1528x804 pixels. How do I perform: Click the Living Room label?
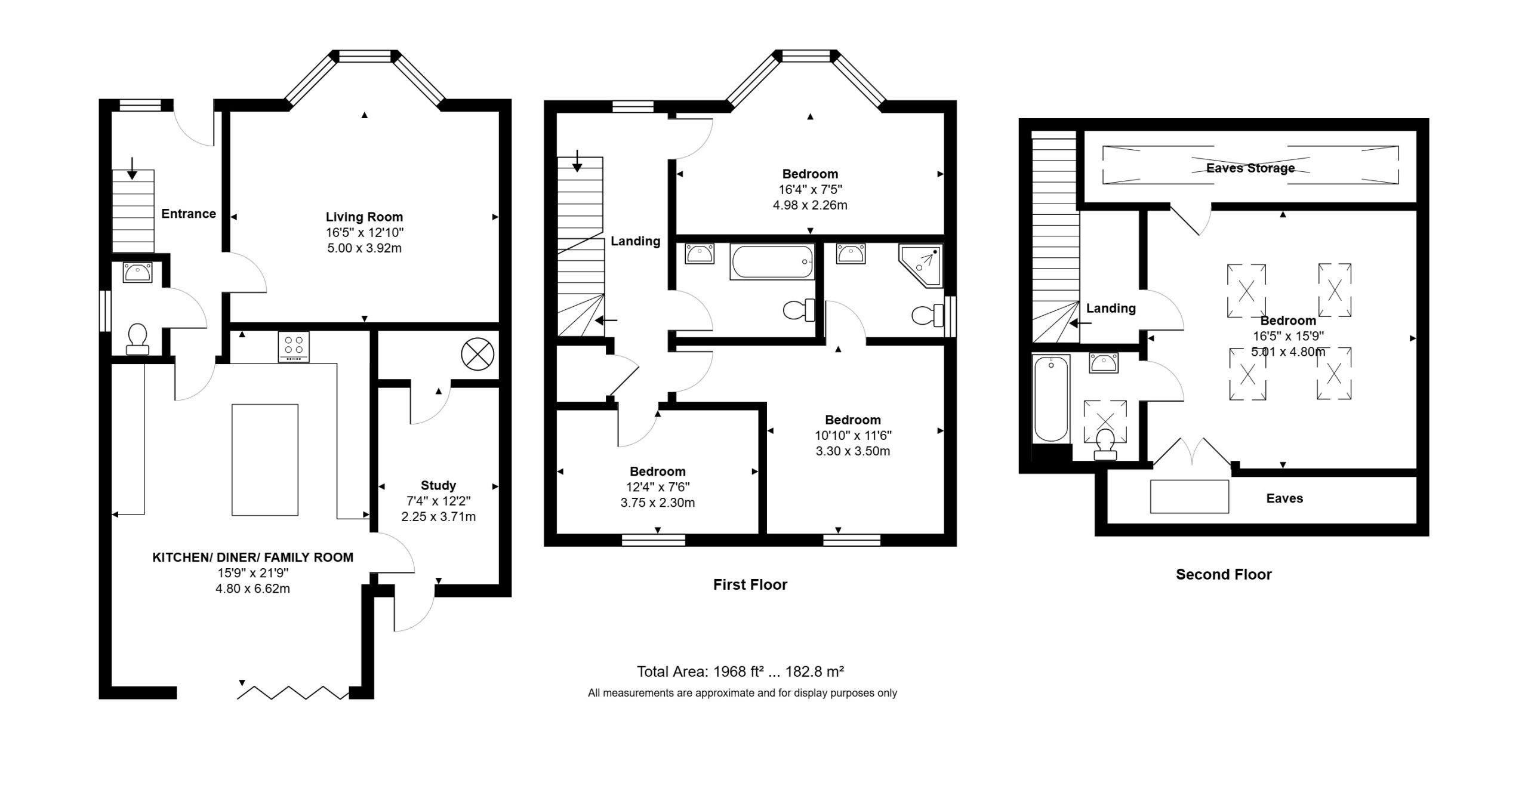364,217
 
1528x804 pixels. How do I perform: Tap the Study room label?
438,485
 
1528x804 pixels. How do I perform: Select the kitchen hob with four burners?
294,346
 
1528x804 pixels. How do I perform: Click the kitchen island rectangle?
265,460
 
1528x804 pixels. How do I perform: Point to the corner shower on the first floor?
922,265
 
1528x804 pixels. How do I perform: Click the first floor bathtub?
772,261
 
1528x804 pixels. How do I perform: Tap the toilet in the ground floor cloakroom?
137,339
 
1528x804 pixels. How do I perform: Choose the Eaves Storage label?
1250,168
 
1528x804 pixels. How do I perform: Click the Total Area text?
740,671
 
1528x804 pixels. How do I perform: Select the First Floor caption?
750,584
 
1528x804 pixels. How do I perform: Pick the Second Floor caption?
1224,574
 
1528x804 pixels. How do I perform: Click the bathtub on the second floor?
1050,398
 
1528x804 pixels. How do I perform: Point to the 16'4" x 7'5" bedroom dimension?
810,189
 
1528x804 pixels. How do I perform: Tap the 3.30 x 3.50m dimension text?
853,451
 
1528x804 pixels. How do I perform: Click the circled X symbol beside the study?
478,354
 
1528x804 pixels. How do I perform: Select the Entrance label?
189,214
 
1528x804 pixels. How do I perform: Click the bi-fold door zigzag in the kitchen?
292,692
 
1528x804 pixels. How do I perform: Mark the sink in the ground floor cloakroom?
137,272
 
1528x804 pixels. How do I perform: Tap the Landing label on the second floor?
1111,308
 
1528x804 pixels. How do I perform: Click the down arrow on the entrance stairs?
132,168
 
